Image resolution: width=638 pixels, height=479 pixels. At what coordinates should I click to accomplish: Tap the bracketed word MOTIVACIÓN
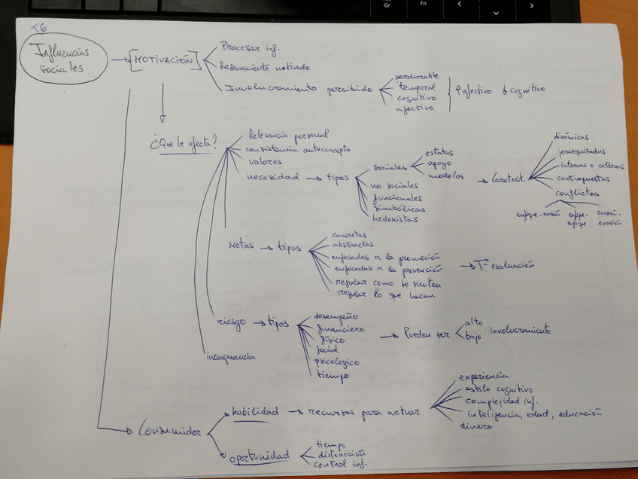(x=164, y=61)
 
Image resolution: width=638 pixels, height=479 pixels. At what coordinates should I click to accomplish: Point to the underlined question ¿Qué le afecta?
(x=183, y=141)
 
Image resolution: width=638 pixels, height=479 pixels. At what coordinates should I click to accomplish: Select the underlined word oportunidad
(x=259, y=456)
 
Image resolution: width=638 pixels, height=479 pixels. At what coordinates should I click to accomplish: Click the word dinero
(x=476, y=426)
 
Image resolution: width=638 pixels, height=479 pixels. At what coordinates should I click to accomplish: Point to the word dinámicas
(x=570, y=137)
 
